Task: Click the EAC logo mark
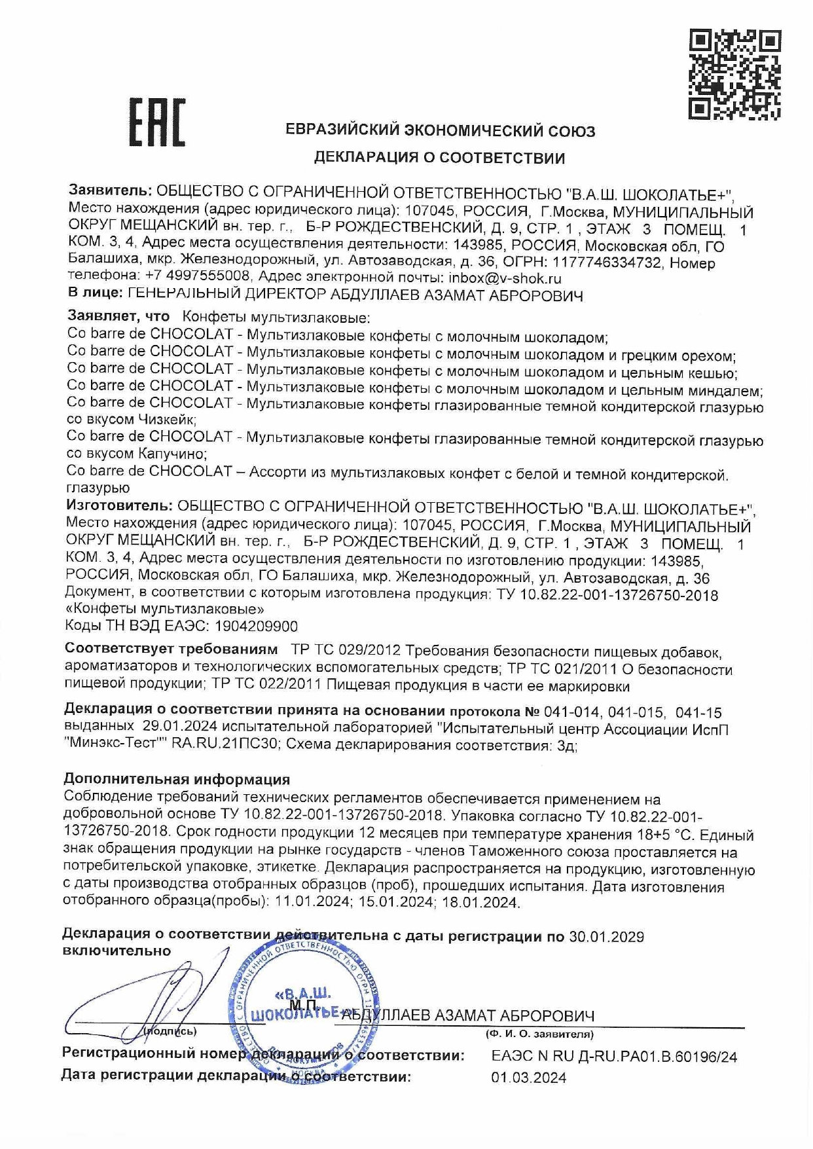(157, 122)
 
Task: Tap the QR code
(735, 75)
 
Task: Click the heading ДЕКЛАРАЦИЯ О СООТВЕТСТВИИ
(439, 158)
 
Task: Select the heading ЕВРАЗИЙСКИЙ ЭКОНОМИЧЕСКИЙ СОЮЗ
(441, 131)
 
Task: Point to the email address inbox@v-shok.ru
(505, 278)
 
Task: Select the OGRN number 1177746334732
(615, 263)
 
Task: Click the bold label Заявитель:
(111, 191)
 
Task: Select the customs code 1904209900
(255, 627)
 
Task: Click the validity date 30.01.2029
(606, 937)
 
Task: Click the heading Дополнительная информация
(177, 779)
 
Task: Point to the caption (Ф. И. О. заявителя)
(539, 1035)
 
